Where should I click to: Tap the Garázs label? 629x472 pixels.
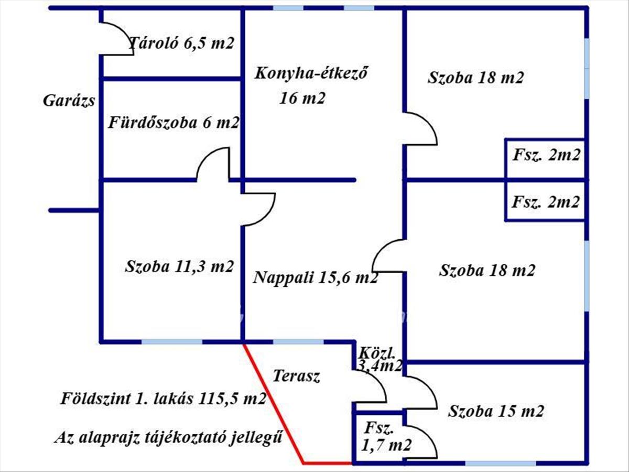(69, 100)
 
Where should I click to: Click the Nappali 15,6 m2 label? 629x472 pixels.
(315, 277)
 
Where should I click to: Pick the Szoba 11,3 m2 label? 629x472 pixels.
(179, 266)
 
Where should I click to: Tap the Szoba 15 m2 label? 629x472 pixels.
(495, 411)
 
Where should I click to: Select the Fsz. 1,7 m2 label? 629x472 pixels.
(386, 437)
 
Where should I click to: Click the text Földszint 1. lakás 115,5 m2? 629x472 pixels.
(162, 399)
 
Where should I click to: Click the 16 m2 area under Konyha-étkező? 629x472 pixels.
(302, 98)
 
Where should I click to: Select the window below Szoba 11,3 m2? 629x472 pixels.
(172, 342)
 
